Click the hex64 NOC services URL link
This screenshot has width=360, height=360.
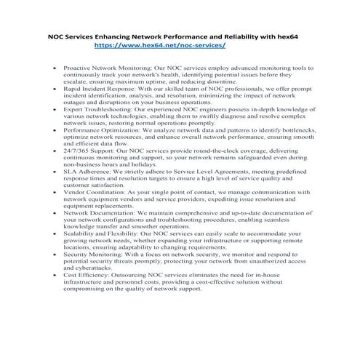(x=160, y=44)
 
